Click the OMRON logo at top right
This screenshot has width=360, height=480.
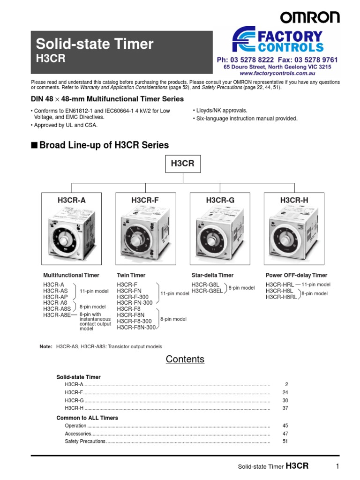(x=310, y=17)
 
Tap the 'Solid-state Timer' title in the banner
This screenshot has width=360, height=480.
(x=95, y=44)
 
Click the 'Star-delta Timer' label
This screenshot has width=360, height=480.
(x=212, y=275)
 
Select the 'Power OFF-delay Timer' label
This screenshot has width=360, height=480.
(x=296, y=275)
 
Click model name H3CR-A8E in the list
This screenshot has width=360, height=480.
(x=57, y=315)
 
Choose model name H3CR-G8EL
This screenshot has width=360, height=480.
(x=207, y=291)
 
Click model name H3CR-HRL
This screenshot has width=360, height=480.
(x=280, y=285)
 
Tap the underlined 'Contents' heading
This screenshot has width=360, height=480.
(x=185, y=360)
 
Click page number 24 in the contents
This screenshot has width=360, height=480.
(x=285, y=392)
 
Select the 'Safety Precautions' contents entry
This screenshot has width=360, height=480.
(x=85, y=442)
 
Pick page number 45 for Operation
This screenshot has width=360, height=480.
(x=285, y=426)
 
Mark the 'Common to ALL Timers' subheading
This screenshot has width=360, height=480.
(x=87, y=418)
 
